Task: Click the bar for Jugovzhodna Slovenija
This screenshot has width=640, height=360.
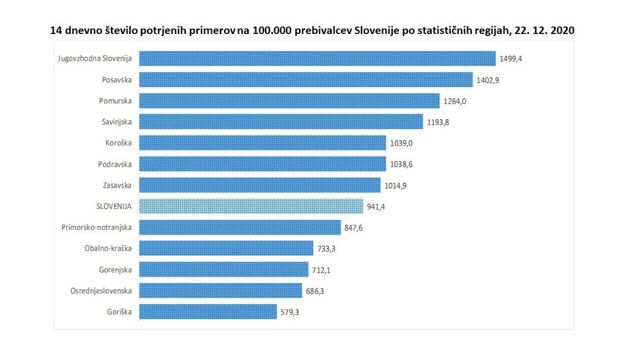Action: pos(317,59)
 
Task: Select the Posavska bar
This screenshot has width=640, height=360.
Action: pos(305,80)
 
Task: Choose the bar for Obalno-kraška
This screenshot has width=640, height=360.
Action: pos(225,248)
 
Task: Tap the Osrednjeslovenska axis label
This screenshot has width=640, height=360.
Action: pos(101,291)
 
